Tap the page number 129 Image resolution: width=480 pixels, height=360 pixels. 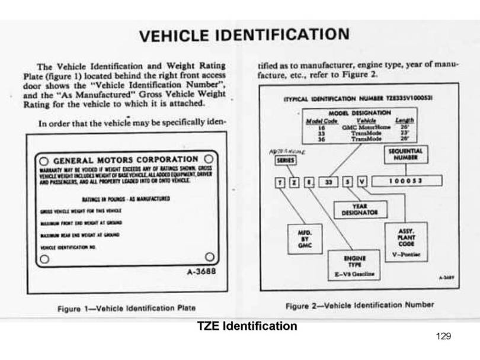point(443,337)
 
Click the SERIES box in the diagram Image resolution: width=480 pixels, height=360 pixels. point(287,160)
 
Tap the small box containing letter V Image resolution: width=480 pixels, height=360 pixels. point(361,181)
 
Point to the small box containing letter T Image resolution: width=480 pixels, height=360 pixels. point(281,181)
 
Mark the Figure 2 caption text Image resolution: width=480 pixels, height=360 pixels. point(360,305)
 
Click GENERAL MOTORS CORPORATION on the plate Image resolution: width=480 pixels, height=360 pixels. point(126,160)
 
